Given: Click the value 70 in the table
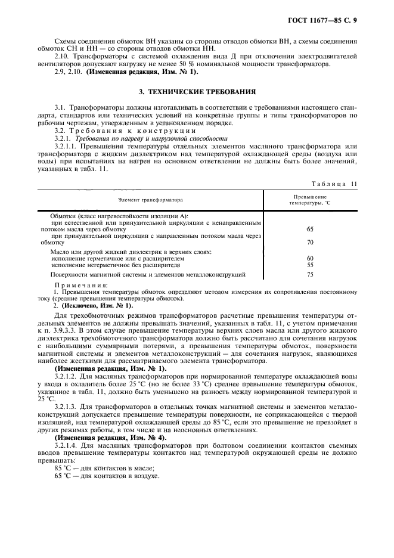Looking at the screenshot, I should (x=309, y=243).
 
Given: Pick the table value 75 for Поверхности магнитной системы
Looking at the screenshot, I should (x=309, y=274).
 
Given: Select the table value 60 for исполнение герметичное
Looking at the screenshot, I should (x=309, y=258).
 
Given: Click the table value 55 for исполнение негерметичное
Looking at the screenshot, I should (x=309, y=265).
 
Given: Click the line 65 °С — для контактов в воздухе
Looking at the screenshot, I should (x=106, y=460).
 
